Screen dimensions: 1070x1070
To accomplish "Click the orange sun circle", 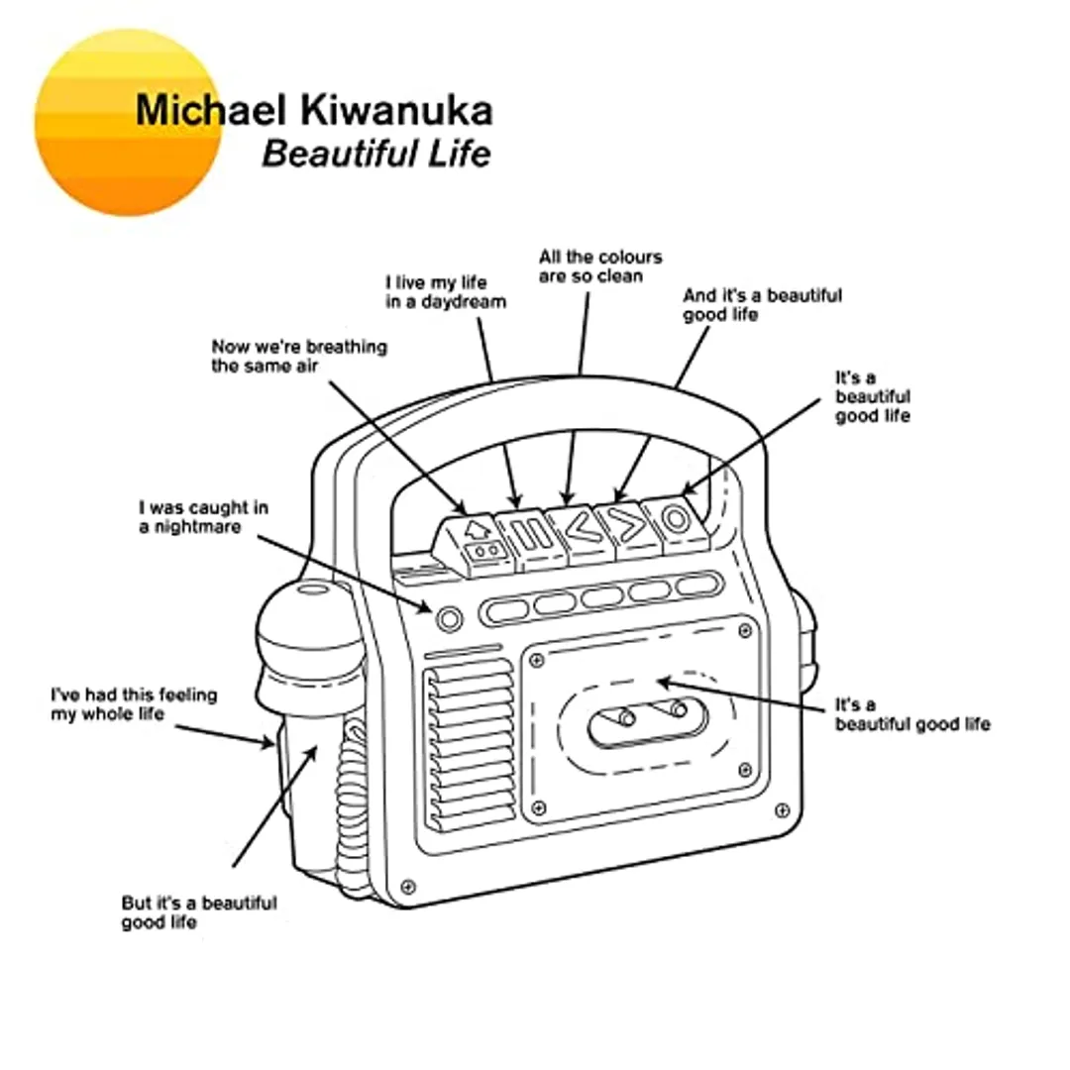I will coord(127,122).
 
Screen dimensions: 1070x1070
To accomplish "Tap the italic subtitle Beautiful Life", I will coord(375,155).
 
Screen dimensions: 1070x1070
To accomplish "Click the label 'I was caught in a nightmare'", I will coord(203,517).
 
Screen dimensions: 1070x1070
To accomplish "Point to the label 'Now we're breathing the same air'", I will coord(299,357).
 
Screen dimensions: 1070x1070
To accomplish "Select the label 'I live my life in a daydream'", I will coord(445,292).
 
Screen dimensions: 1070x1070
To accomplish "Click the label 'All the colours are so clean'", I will coord(600,267).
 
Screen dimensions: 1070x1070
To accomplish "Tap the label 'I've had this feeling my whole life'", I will coord(134,703).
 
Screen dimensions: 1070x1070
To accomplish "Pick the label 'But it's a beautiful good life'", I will coord(199,912).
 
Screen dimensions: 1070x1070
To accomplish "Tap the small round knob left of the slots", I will coord(449,619).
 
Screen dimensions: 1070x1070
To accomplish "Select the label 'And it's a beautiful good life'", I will coord(762,305).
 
